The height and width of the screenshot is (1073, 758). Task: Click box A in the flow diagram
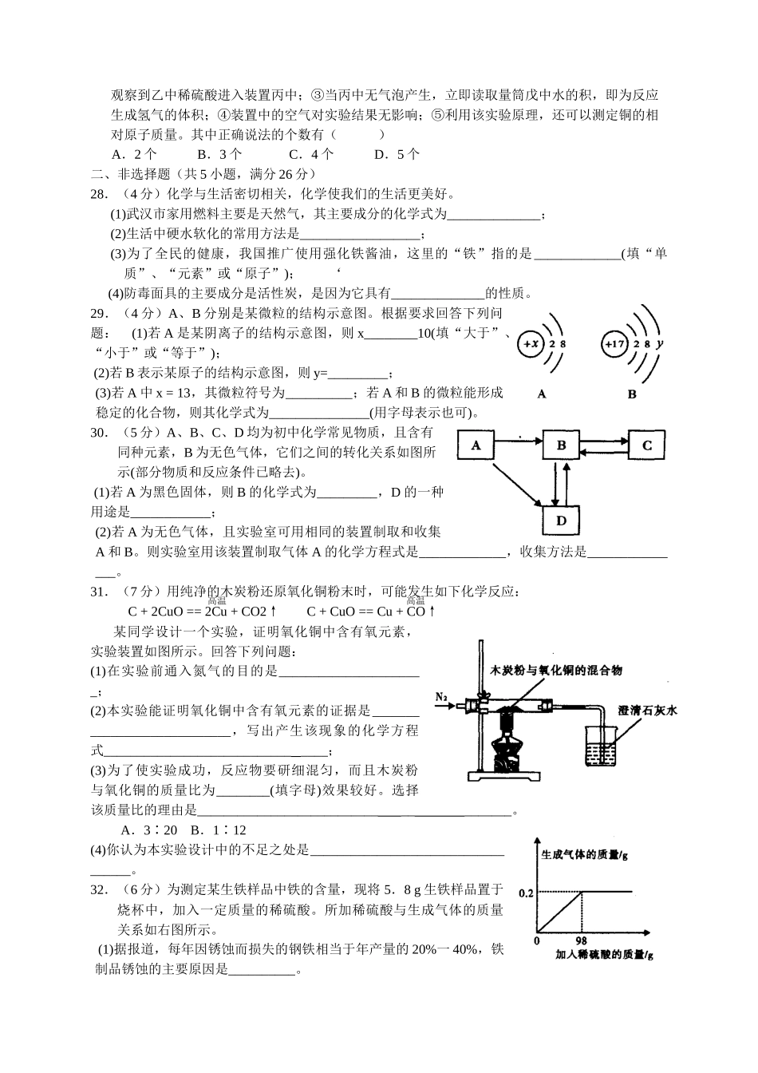coord(476,445)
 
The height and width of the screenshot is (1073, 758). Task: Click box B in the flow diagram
coord(561,445)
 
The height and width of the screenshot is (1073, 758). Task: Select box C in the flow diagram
coord(647,445)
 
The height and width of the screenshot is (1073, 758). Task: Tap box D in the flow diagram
coord(561,521)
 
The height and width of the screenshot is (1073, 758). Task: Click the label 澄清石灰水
coord(647,710)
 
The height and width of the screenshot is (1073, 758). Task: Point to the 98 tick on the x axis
coord(581,941)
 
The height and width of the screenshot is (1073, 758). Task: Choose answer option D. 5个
coord(397,154)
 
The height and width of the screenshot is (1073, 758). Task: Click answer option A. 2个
coord(135,154)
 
